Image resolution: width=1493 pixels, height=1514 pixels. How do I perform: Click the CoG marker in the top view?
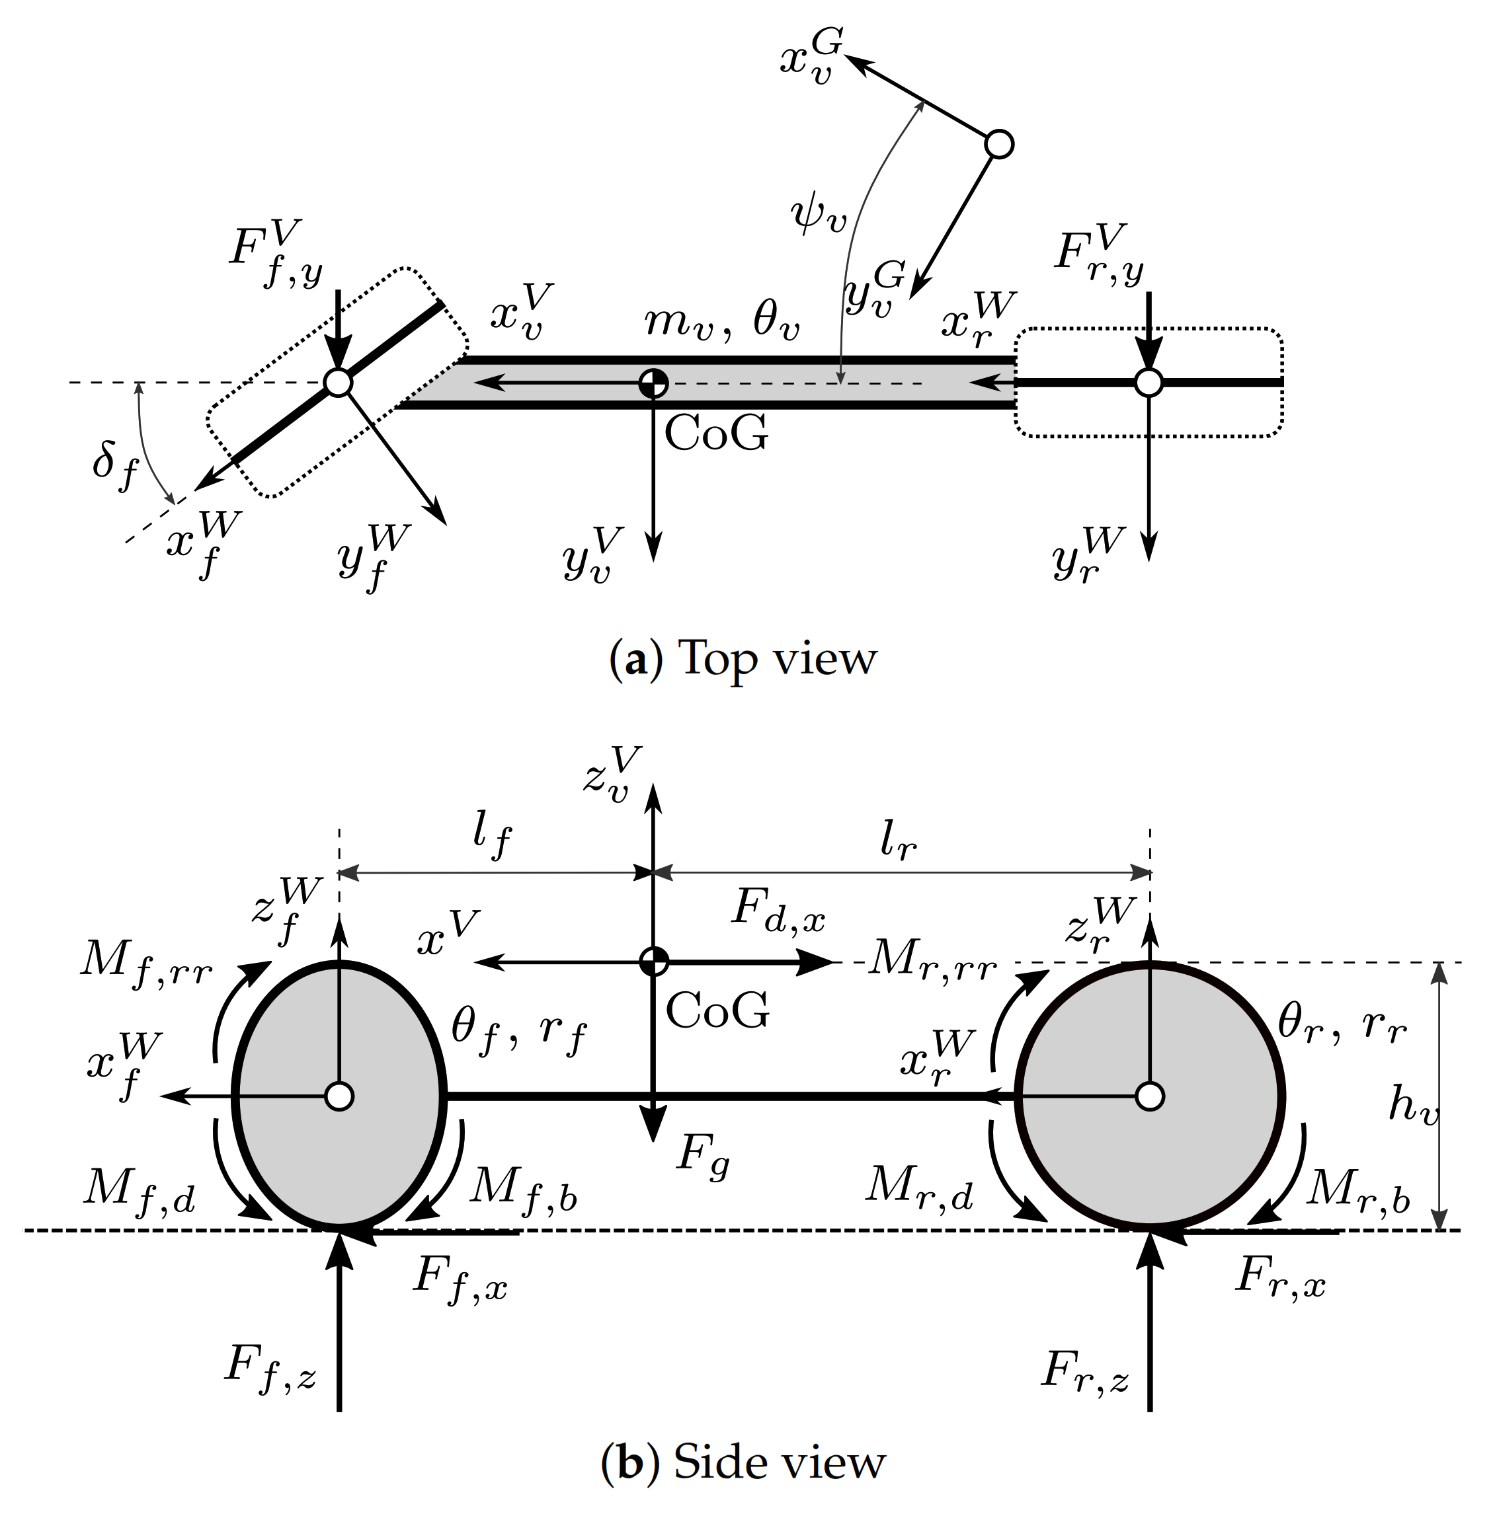click(x=653, y=383)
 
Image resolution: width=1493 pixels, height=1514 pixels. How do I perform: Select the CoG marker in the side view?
click(x=653, y=961)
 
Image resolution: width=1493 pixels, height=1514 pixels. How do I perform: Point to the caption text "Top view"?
click(x=776, y=658)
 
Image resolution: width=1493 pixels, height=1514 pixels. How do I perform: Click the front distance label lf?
click(x=492, y=839)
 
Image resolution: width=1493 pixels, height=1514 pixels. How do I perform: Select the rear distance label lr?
click(x=898, y=842)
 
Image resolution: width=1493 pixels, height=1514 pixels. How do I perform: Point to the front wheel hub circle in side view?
click(x=339, y=1096)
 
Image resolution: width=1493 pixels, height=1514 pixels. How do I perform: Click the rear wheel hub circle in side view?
click(x=1150, y=1096)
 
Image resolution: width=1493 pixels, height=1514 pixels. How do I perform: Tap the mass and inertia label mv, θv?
click(x=721, y=321)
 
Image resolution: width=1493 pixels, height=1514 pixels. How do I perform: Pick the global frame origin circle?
click(x=999, y=144)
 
